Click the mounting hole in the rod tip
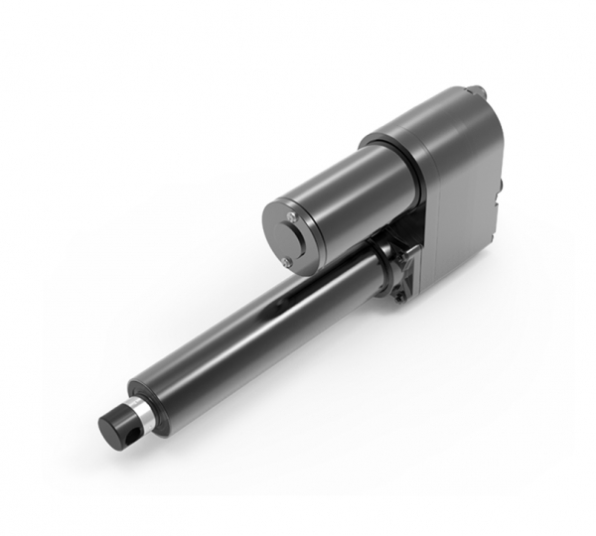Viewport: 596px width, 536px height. [133, 420]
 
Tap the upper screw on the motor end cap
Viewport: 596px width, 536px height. [290, 217]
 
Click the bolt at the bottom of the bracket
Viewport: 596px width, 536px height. [399, 294]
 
